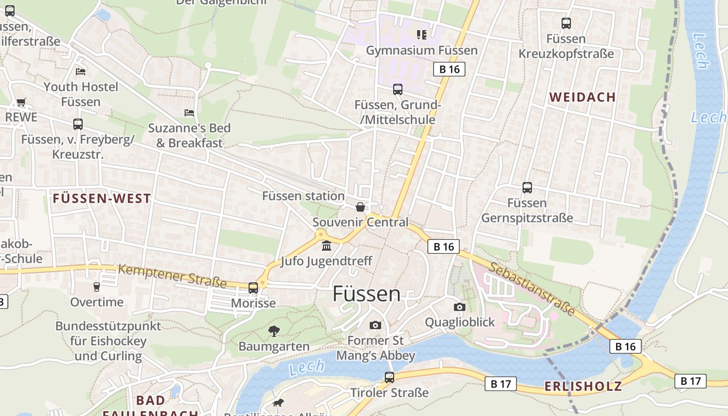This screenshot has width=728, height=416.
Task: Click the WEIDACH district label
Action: [582, 97]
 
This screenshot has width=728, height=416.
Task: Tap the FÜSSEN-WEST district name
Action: [102, 199]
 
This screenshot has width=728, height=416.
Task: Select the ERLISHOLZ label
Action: [583, 386]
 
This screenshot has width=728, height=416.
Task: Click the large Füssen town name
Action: [367, 294]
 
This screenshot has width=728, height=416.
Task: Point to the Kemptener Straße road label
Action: [172, 276]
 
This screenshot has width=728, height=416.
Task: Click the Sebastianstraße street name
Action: [532, 289]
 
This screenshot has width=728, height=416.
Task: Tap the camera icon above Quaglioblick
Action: [460, 307]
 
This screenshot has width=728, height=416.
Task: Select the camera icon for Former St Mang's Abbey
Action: [375, 326]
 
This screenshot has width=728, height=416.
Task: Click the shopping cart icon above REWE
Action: [21, 102]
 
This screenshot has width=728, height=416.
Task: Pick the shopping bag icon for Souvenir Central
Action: [360, 207]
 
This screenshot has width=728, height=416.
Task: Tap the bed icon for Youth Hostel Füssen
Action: [81, 71]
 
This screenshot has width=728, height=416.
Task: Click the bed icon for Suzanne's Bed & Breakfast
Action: [189, 113]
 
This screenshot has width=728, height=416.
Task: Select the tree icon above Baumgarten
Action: [274, 331]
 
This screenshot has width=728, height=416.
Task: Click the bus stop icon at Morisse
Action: [253, 288]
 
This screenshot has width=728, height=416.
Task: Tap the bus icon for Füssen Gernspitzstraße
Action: [527, 188]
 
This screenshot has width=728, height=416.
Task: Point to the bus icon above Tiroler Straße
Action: [389, 378]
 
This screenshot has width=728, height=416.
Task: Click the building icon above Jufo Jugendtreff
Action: [327, 245]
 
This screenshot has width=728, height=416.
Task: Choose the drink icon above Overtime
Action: [96, 287]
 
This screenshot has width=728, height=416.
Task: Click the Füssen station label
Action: [303, 196]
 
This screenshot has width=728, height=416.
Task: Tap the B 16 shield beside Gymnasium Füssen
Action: [449, 69]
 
